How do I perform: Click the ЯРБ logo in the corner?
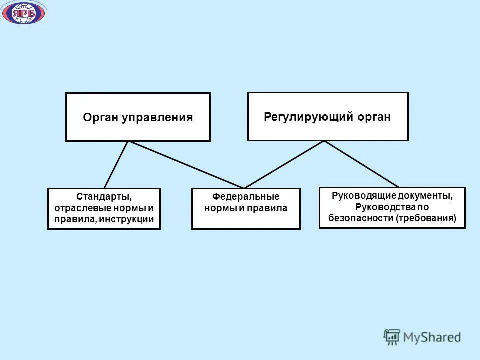pyautogui.click(x=23, y=13)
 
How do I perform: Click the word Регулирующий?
pyautogui.click(x=308, y=117)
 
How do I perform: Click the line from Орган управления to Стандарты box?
pyautogui.click(x=116, y=164)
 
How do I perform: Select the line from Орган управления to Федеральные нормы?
pyautogui.click(x=186, y=165)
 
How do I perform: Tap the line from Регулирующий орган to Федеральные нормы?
pyautogui.click(x=284, y=164)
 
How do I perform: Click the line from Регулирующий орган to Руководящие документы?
pyautogui.click(x=361, y=164)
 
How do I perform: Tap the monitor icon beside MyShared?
pyautogui.click(x=392, y=337)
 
